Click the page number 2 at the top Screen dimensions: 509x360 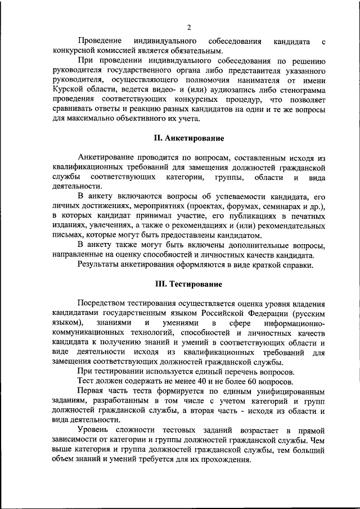[190, 27]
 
